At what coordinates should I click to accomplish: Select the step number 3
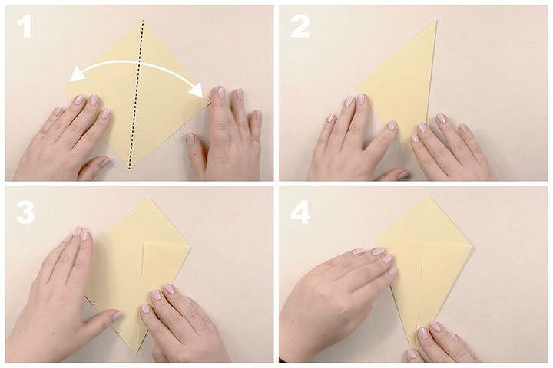point(25,212)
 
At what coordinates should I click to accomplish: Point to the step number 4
point(300,212)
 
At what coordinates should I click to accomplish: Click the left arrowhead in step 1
point(75,74)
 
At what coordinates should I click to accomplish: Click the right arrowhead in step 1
point(196,91)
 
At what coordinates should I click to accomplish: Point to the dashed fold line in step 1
point(136,94)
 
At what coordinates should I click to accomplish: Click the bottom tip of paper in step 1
point(130,169)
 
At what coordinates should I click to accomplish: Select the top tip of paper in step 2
point(436,21)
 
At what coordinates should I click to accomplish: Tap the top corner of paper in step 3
point(148,197)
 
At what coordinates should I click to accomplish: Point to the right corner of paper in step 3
point(190,248)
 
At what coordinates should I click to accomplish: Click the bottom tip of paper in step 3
point(136,354)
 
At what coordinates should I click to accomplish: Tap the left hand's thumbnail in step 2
point(392,126)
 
